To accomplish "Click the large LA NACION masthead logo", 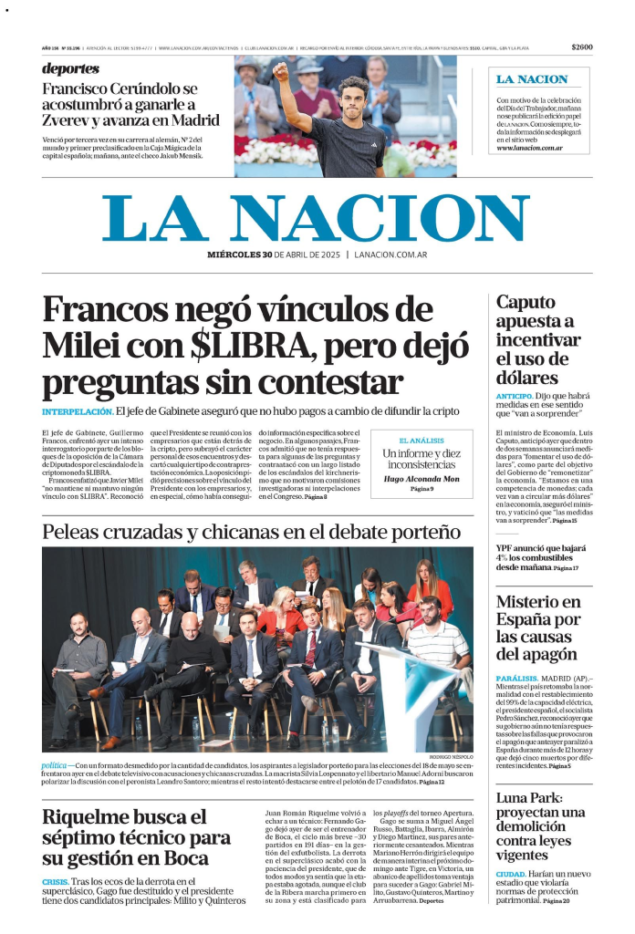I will (x=316, y=218).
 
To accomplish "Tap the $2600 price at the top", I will (x=582, y=47).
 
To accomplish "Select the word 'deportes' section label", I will (x=70, y=68).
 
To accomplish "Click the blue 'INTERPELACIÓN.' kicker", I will (x=78, y=412).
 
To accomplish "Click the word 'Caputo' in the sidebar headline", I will (x=527, y=303).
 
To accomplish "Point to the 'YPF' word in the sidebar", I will (x=505, y=549).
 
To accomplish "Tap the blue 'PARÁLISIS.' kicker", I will (x=518, y=679).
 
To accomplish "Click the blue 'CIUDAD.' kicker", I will (x=511, y=873).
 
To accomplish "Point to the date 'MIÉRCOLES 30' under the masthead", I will (x=240, y=255).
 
